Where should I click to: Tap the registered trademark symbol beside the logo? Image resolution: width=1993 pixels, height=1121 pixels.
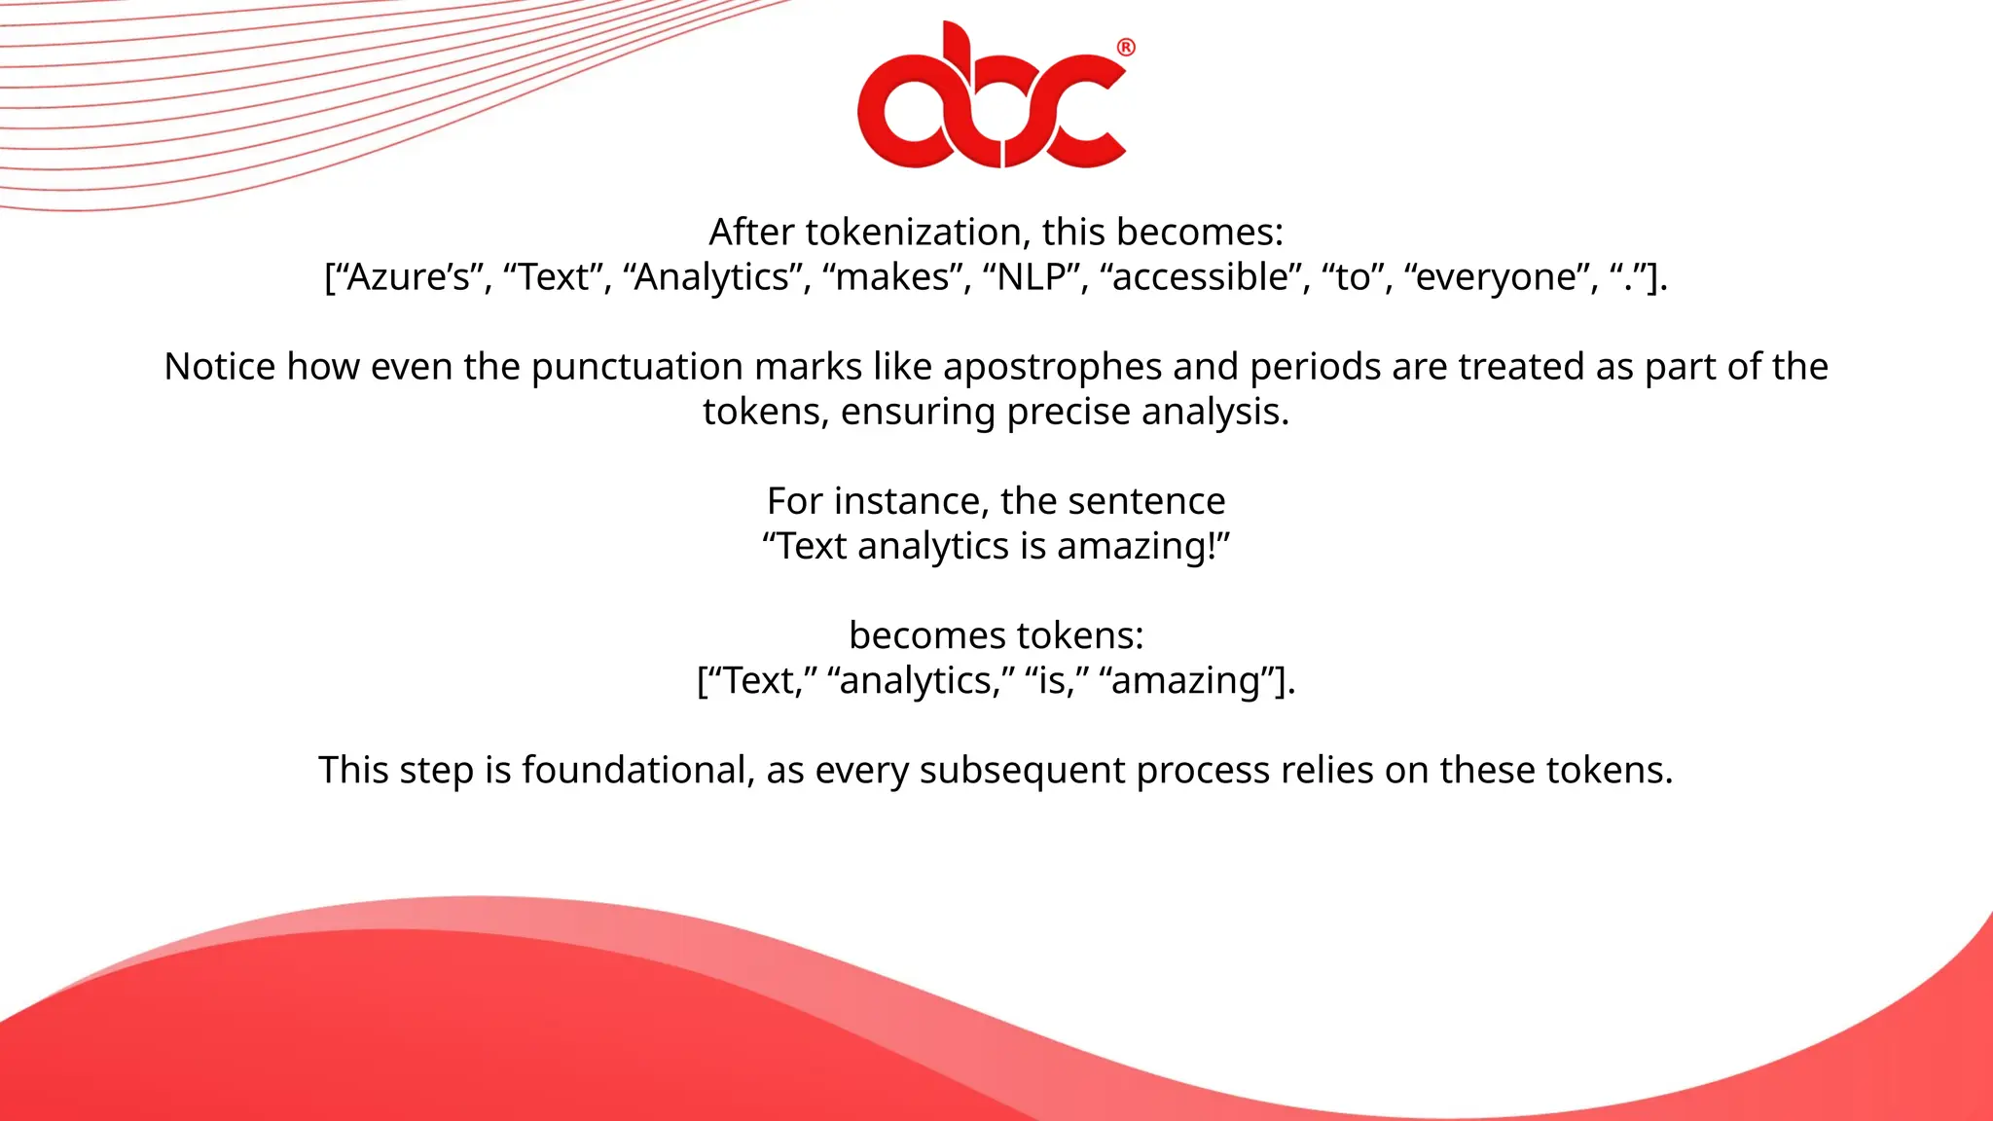click(1126, 48)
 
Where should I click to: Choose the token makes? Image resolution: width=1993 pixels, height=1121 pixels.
click(892, 277)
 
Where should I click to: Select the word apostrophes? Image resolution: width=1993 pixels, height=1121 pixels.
click(1052, 367)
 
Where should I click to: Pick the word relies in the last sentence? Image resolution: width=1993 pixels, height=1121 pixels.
click(1326, 770)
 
